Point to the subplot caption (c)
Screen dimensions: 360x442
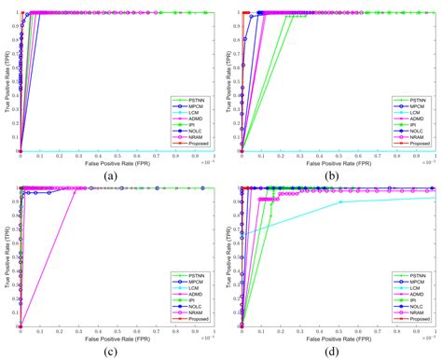point(110,351)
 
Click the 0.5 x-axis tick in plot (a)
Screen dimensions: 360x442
point(117,155)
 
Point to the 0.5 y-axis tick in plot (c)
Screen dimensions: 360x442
point(14,257)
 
